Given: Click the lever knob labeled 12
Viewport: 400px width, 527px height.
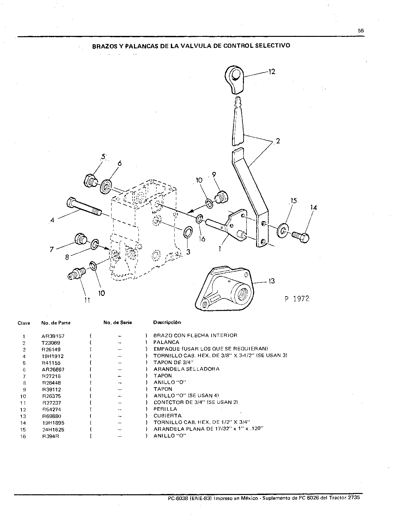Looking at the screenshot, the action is click(x=234, y=79).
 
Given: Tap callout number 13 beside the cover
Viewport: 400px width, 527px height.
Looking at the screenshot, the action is click(x=271, y=281).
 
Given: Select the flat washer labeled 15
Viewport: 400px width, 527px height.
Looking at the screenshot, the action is click(x=283, y=231).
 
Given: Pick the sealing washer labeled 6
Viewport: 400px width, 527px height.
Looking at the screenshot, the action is click(x=106, y=187).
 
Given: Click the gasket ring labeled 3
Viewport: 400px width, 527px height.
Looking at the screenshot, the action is click(x=188, y=232).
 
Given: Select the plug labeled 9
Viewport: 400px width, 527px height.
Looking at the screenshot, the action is click(x=222, y=197).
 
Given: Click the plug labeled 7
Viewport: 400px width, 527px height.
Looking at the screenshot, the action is click(x=80, y=239).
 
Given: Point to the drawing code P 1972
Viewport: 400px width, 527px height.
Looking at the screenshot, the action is click(x=297, y=299).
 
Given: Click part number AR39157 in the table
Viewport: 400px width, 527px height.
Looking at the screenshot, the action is click(x=53, y=336).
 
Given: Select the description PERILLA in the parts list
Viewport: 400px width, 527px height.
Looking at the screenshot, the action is click(x=165, y=409).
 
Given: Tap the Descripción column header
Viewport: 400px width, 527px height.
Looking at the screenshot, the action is click(x=167, y=322).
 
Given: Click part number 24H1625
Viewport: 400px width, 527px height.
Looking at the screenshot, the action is click(x=53, y=430).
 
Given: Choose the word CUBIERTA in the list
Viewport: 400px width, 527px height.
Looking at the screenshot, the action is click(x=168, y=415).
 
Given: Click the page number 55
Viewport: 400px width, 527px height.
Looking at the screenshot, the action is click(x=361, y=31).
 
